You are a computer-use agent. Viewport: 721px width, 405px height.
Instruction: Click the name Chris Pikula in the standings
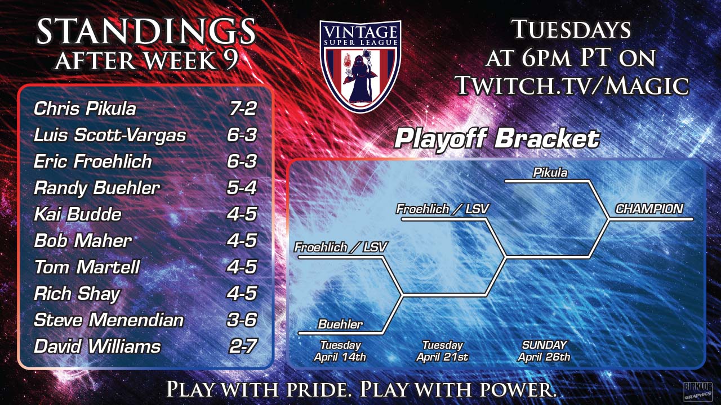coord(85,109)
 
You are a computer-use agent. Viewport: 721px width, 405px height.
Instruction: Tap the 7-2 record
coord(243,109)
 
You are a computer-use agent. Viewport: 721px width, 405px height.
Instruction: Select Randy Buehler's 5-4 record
coord(242,188)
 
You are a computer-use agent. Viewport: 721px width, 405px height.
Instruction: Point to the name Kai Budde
coord(78,214)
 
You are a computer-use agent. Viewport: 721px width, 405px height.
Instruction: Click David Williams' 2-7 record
coord(243,346)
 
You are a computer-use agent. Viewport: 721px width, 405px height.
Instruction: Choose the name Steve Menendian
coord(109,320)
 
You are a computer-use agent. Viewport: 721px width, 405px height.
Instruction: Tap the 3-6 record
coord(242,320)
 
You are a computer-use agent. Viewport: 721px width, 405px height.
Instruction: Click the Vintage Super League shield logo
coord(360,66)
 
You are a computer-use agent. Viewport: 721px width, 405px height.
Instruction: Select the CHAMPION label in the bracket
coord(649,209)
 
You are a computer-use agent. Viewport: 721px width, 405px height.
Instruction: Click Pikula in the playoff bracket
coord(550,173)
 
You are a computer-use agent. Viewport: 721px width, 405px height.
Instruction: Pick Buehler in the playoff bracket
coord(340,324)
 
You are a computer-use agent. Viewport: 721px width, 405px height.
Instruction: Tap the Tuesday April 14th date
coord(340,351)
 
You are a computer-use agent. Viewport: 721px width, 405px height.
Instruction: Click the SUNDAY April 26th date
coord(544,351)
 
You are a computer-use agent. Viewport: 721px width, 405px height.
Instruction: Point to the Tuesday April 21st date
coord(443,351)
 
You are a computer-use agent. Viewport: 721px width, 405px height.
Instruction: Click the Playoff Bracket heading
coord(497,139)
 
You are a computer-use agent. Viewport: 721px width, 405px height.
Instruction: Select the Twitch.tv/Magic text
coord(573,85)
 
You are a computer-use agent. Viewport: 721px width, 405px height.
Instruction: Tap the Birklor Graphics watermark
coord(698,391)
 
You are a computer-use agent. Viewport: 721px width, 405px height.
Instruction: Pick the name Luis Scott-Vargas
coord(110,135)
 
